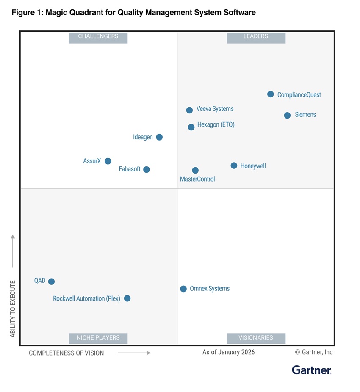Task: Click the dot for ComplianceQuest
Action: [x=271, y=94]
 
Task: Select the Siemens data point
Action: [x=287, y=115]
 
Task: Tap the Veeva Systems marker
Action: [x=189, y=110]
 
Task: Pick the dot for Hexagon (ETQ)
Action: [x=191, y=127]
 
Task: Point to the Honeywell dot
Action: [x=234, y=166]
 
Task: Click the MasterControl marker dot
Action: [x=195, y=170]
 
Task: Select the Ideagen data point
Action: [x=159, y=137]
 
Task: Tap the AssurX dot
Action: [x=108, y=161]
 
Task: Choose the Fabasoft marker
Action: [x=147, y=169]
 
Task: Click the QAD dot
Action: [x=51, y=282]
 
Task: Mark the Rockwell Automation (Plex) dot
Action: [x=127, y=298]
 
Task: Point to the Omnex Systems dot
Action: [x=183, y=289]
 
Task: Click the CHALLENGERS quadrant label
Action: [x=98, y=37]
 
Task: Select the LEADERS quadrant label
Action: [x=256, y=37]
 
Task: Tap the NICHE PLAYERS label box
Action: [x=98, y=338]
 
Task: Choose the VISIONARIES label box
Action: [x=256, y=338]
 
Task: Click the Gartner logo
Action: [x=312, y=370]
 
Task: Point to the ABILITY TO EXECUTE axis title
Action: [x=13, y=309]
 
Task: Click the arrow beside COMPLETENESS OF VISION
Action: [x=134, y=353]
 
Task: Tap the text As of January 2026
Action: [x=229, y=352]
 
